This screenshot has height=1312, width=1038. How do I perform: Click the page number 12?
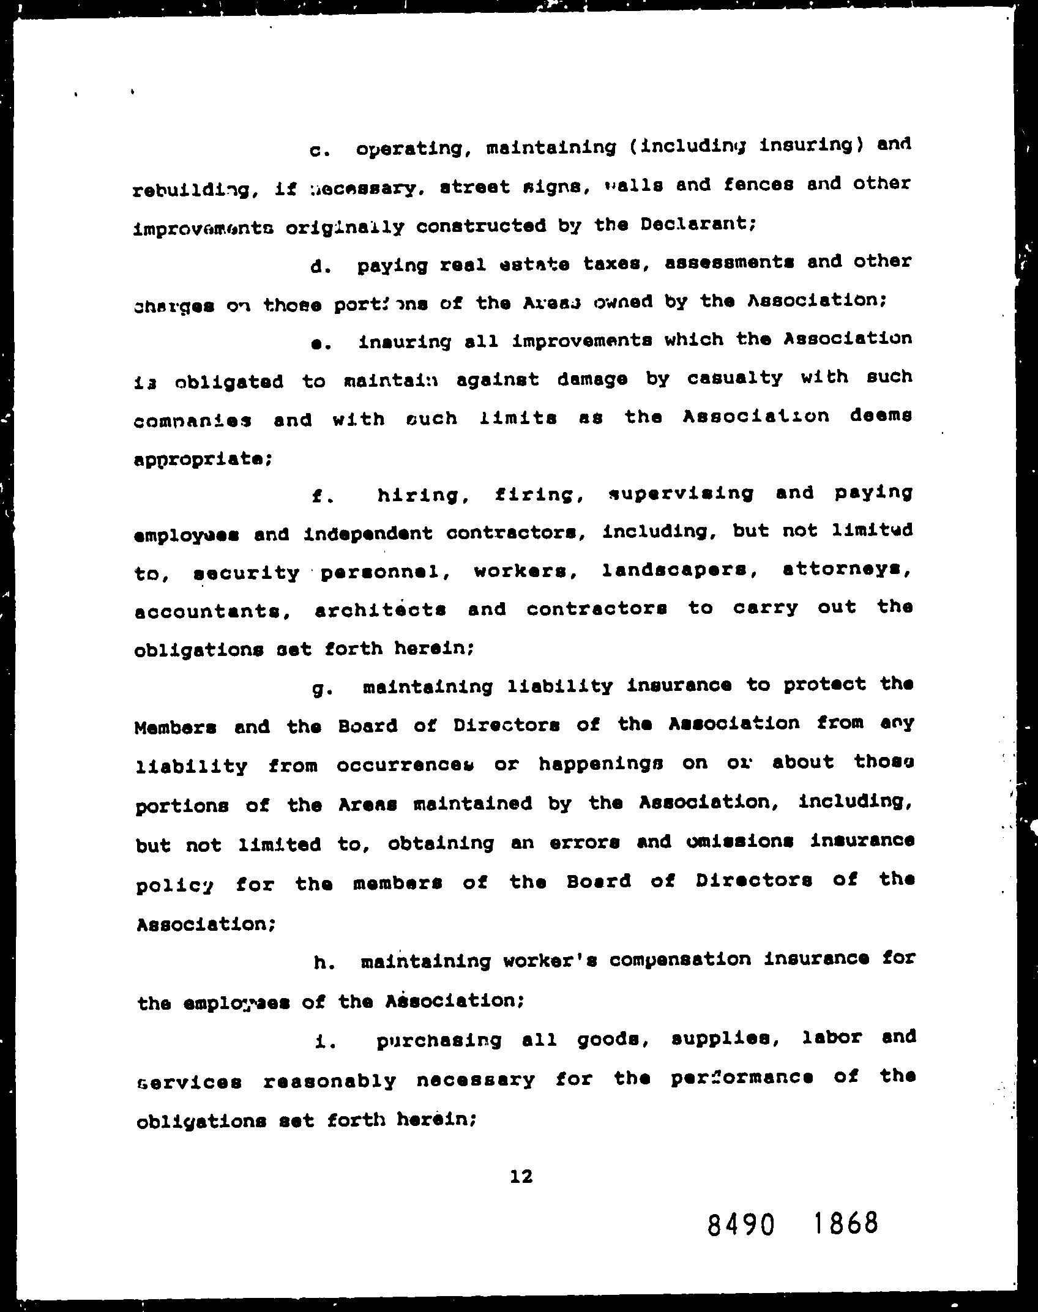521,1176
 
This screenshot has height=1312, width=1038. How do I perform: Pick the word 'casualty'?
734,378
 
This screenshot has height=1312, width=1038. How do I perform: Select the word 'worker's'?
549,961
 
